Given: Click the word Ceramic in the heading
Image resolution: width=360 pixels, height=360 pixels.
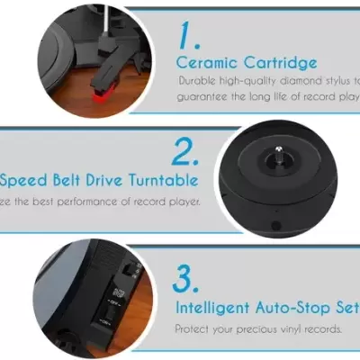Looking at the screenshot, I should [x=203, y=62].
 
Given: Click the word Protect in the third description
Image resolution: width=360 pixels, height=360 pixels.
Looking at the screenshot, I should [x=192, y=328].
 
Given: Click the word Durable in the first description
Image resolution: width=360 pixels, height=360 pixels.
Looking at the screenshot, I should [x=197, y=81].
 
